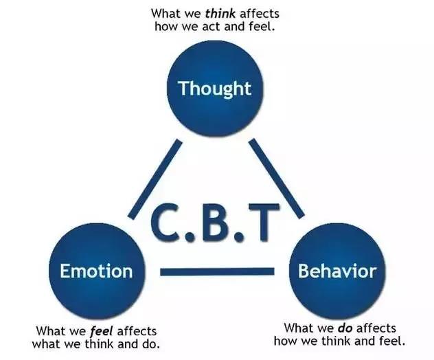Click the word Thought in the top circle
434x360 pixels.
(215, 89)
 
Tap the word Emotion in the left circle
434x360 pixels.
(96, 271)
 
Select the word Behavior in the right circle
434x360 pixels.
(337, 271)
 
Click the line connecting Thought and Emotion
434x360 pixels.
(155, 179)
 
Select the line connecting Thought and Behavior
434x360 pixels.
(277, 179)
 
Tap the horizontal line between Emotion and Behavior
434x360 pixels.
(217, 271)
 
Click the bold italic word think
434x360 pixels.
(220, 14)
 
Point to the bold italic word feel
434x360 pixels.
(102, 331)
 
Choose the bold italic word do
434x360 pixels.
(345, 328)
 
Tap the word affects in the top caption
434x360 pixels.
(260, 14)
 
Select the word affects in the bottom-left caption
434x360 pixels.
(137, 331)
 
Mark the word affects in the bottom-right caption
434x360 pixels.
(376, 328)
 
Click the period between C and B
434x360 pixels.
(190, 237)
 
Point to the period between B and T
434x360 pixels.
(238, 237)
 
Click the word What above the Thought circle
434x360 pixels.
(164, 14)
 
